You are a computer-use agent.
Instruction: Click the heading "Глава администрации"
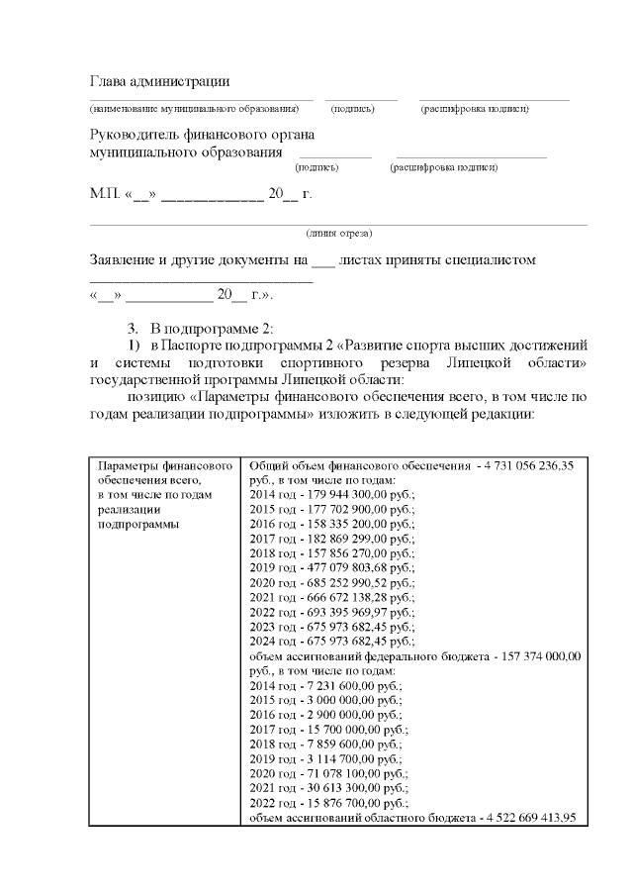159,80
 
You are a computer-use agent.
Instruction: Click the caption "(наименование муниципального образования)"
194,108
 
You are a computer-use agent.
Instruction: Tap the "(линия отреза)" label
339,234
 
